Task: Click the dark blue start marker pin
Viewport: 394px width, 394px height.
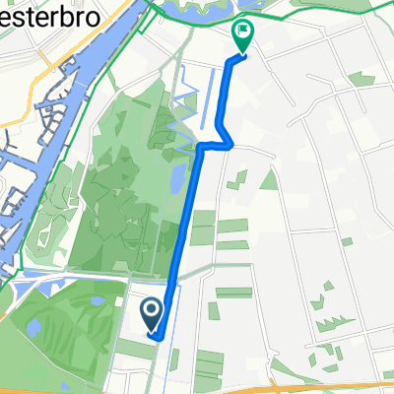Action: click(x=152, y=314)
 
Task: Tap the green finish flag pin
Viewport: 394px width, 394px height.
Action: click(x=242, y=35)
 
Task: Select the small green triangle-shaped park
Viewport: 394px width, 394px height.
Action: click(x=269, y=179)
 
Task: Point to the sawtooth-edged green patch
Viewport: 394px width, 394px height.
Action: click(x=330, y=321)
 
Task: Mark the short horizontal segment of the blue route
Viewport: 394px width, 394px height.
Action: click(x=216, y=146)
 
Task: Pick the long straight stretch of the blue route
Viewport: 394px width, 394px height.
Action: click(x=187, y=236)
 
